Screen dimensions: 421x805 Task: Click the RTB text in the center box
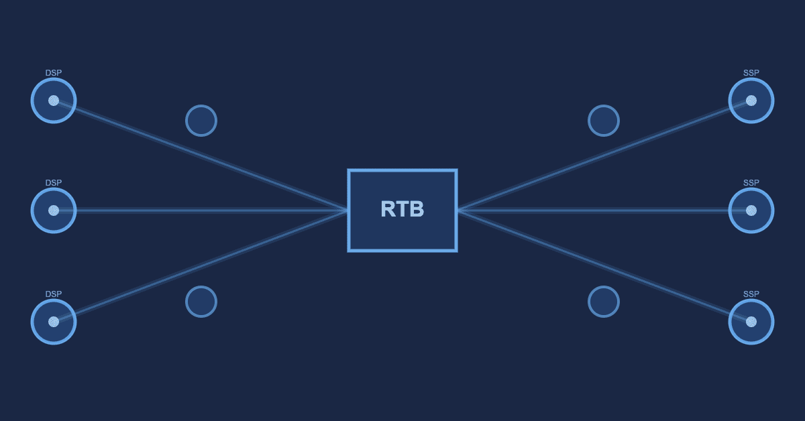[402, 209]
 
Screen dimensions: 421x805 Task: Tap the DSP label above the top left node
[54, 73]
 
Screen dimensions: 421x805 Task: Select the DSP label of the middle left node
[54, 183]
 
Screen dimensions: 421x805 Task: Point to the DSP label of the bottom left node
[54, 294]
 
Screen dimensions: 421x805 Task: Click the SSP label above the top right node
[751, 73]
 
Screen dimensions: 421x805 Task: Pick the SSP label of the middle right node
[751, 183]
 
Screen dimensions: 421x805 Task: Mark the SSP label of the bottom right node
[751, 294]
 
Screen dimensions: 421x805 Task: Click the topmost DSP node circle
[54, 101]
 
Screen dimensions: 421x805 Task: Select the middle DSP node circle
[54, 210]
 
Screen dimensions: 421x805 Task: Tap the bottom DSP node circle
[54, 322]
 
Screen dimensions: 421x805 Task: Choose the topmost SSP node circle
[751, 101]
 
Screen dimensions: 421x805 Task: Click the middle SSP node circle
[751, 210]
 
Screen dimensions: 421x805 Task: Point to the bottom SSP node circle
[751, 322]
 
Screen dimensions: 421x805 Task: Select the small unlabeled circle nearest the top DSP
[201, 121]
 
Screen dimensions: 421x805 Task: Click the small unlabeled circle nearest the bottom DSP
[201, 302]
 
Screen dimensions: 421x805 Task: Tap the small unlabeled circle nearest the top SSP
[604, 121]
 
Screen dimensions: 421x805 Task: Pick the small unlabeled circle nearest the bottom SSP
[604, 302]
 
